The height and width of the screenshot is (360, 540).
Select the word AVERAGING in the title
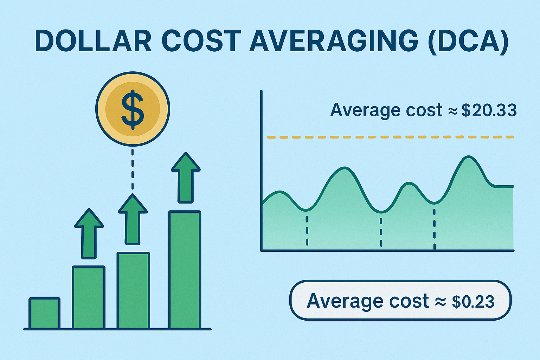[x=334, y=41]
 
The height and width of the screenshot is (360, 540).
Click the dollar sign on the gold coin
[x=133, y=109]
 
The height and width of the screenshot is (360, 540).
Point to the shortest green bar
[x=44, y=313]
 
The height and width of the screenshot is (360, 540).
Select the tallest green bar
[x=185, y=270]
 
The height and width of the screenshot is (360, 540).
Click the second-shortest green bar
[x=89, y=297]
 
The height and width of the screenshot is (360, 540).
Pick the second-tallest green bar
[x=133, y=290]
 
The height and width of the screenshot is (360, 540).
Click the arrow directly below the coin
[x=133, y=219]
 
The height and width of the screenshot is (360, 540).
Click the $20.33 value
[x=489, y=111]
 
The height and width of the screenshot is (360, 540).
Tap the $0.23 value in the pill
[x=473, y=301]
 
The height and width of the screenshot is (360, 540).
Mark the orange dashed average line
[x=391, y=137]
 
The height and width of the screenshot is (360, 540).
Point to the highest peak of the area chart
[x=469, y=157]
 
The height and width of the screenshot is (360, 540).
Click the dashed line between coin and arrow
[x=132, y=169]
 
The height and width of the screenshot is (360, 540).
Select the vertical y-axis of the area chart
[x=261, y=171]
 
